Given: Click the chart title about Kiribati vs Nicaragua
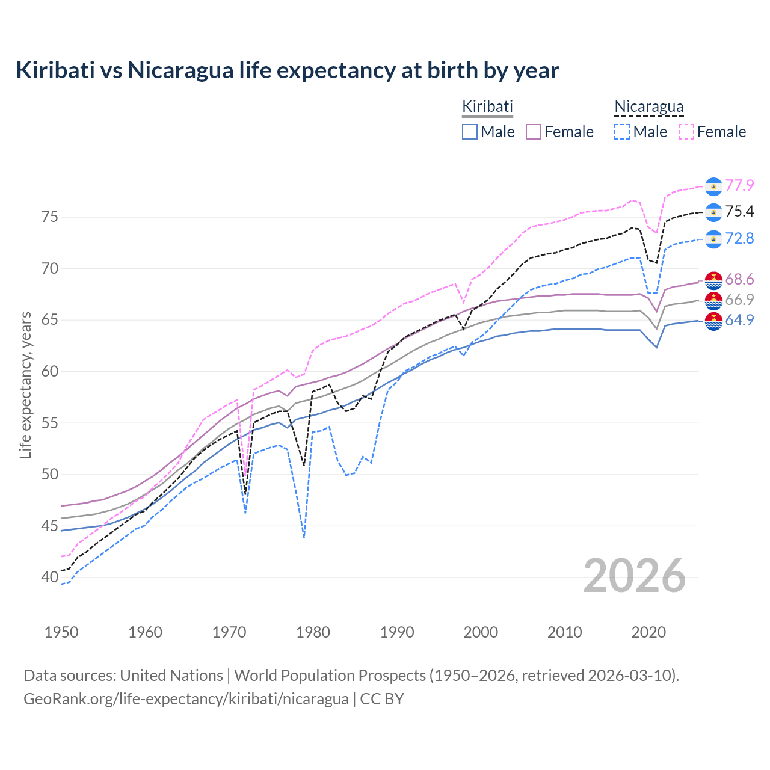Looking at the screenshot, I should (287, 70).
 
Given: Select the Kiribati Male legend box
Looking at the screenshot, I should (470, 132).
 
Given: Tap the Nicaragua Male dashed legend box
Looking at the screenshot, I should (622, 132).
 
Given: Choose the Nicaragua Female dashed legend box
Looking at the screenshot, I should (686, 132).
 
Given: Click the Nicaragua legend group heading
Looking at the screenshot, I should (648, 106).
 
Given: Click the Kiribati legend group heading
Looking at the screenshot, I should (487, 106).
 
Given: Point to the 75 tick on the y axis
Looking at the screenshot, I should (49, 217).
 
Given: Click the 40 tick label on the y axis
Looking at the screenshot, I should (49, 577).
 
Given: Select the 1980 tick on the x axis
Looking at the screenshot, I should (313, 632).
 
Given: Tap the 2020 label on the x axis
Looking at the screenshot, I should (648, 632).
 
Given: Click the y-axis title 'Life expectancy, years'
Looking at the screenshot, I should (25, 385).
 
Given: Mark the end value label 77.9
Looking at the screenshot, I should (739, 186).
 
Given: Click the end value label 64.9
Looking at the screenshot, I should (739, 321).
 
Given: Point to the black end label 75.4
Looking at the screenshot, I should (739, 211).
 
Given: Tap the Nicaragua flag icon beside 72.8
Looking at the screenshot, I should (713, 239).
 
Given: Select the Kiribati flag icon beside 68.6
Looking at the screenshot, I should (713, 280).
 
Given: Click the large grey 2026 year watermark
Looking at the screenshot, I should (634, 576).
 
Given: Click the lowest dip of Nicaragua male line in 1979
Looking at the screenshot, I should (304, 537).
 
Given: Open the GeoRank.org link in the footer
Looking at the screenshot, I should (186, 699).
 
